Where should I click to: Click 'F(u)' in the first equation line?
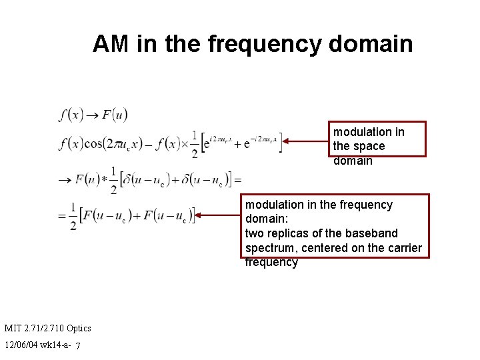(115, 115)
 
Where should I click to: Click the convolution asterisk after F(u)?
(105, 179)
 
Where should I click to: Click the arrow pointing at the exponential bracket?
(307, 141)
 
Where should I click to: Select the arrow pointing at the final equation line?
(220, 215)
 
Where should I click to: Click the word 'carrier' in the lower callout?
(403, 248)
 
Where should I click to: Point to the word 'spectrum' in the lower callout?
(268, 248)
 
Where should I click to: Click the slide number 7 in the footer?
(78, 346)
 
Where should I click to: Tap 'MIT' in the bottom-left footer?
(13, 328)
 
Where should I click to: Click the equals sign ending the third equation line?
(237, 179)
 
